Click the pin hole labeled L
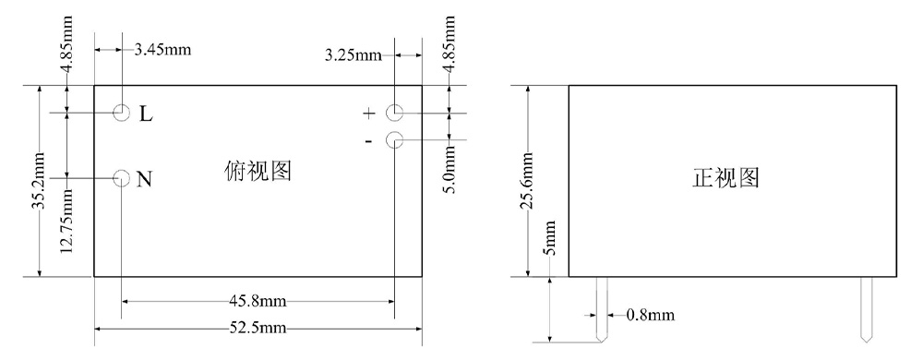(121, 112)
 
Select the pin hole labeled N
(121, 177)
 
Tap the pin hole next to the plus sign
(394, 112)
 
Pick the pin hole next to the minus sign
(394, 140)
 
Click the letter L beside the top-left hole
(146, 114)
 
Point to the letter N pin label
(144, 179)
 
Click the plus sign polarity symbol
(368, 114)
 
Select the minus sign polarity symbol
(368, 141)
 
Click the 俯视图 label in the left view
(258, 171)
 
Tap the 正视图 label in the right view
(725, 177)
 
